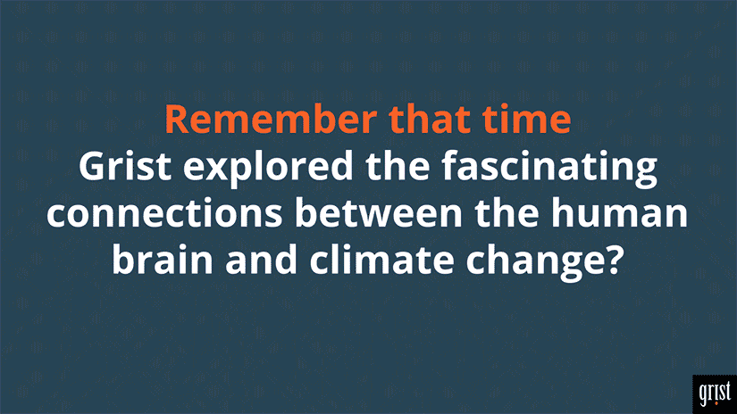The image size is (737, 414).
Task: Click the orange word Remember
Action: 271,120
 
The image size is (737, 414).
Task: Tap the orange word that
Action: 429,120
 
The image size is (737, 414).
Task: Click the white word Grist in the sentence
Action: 125,166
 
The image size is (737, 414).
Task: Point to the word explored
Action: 268,169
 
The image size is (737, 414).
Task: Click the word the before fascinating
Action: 398,166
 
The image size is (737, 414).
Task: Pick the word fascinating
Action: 550,169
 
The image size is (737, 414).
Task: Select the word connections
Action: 164,213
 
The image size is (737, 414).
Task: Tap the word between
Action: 379,212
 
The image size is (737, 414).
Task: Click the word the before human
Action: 507,212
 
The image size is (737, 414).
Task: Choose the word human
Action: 619,212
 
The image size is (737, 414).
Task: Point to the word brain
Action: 163,260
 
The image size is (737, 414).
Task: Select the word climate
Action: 381,260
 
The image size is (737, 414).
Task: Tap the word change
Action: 536,263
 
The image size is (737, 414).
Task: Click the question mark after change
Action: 615,260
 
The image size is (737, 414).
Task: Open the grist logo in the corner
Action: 715,393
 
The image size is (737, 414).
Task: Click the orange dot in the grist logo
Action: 716,402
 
